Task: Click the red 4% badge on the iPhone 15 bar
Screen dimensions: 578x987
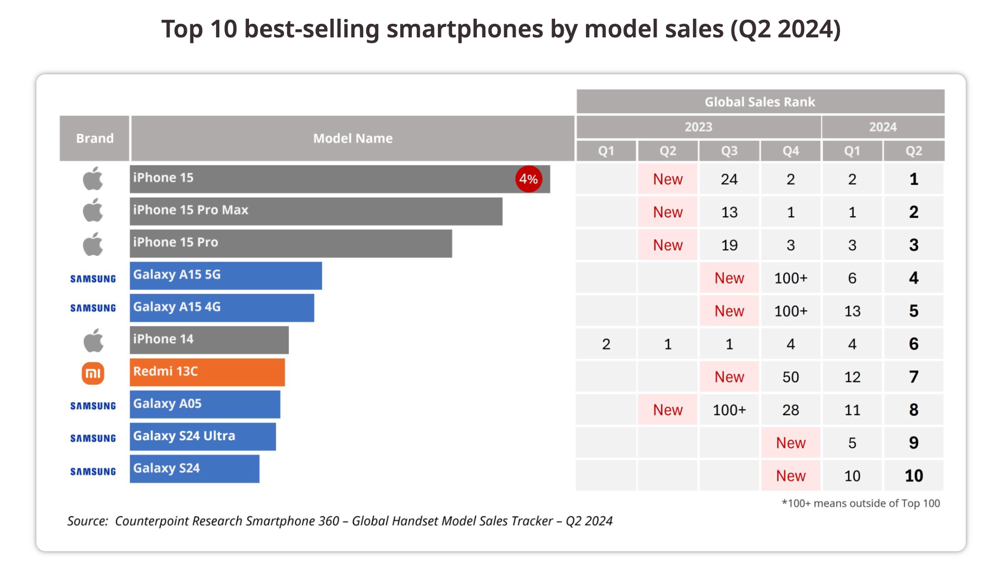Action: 528,179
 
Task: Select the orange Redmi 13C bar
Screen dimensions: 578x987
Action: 207,372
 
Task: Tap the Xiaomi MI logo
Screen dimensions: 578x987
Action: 93,373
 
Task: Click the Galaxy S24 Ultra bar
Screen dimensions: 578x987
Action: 203,437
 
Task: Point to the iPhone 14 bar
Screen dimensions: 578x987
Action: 209,340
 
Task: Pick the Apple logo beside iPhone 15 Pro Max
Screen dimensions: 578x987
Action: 93,210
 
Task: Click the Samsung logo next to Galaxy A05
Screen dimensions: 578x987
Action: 93,406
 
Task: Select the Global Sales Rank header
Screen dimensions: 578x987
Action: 760,102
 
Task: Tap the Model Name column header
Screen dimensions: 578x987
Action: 353,138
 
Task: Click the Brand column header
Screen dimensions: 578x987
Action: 94,138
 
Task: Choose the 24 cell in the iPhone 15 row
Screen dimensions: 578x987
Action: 729,179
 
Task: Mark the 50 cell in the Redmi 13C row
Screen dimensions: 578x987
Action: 791,377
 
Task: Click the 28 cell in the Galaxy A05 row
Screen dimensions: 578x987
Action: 791,410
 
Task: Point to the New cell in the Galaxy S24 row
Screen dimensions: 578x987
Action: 791,476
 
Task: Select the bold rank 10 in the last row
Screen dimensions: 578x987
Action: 913,476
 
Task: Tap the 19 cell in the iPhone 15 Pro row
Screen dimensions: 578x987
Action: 729,245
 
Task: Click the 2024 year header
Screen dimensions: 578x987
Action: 882,127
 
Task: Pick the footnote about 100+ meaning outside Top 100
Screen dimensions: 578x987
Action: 860,503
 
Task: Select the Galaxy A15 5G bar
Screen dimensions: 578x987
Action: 226,275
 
